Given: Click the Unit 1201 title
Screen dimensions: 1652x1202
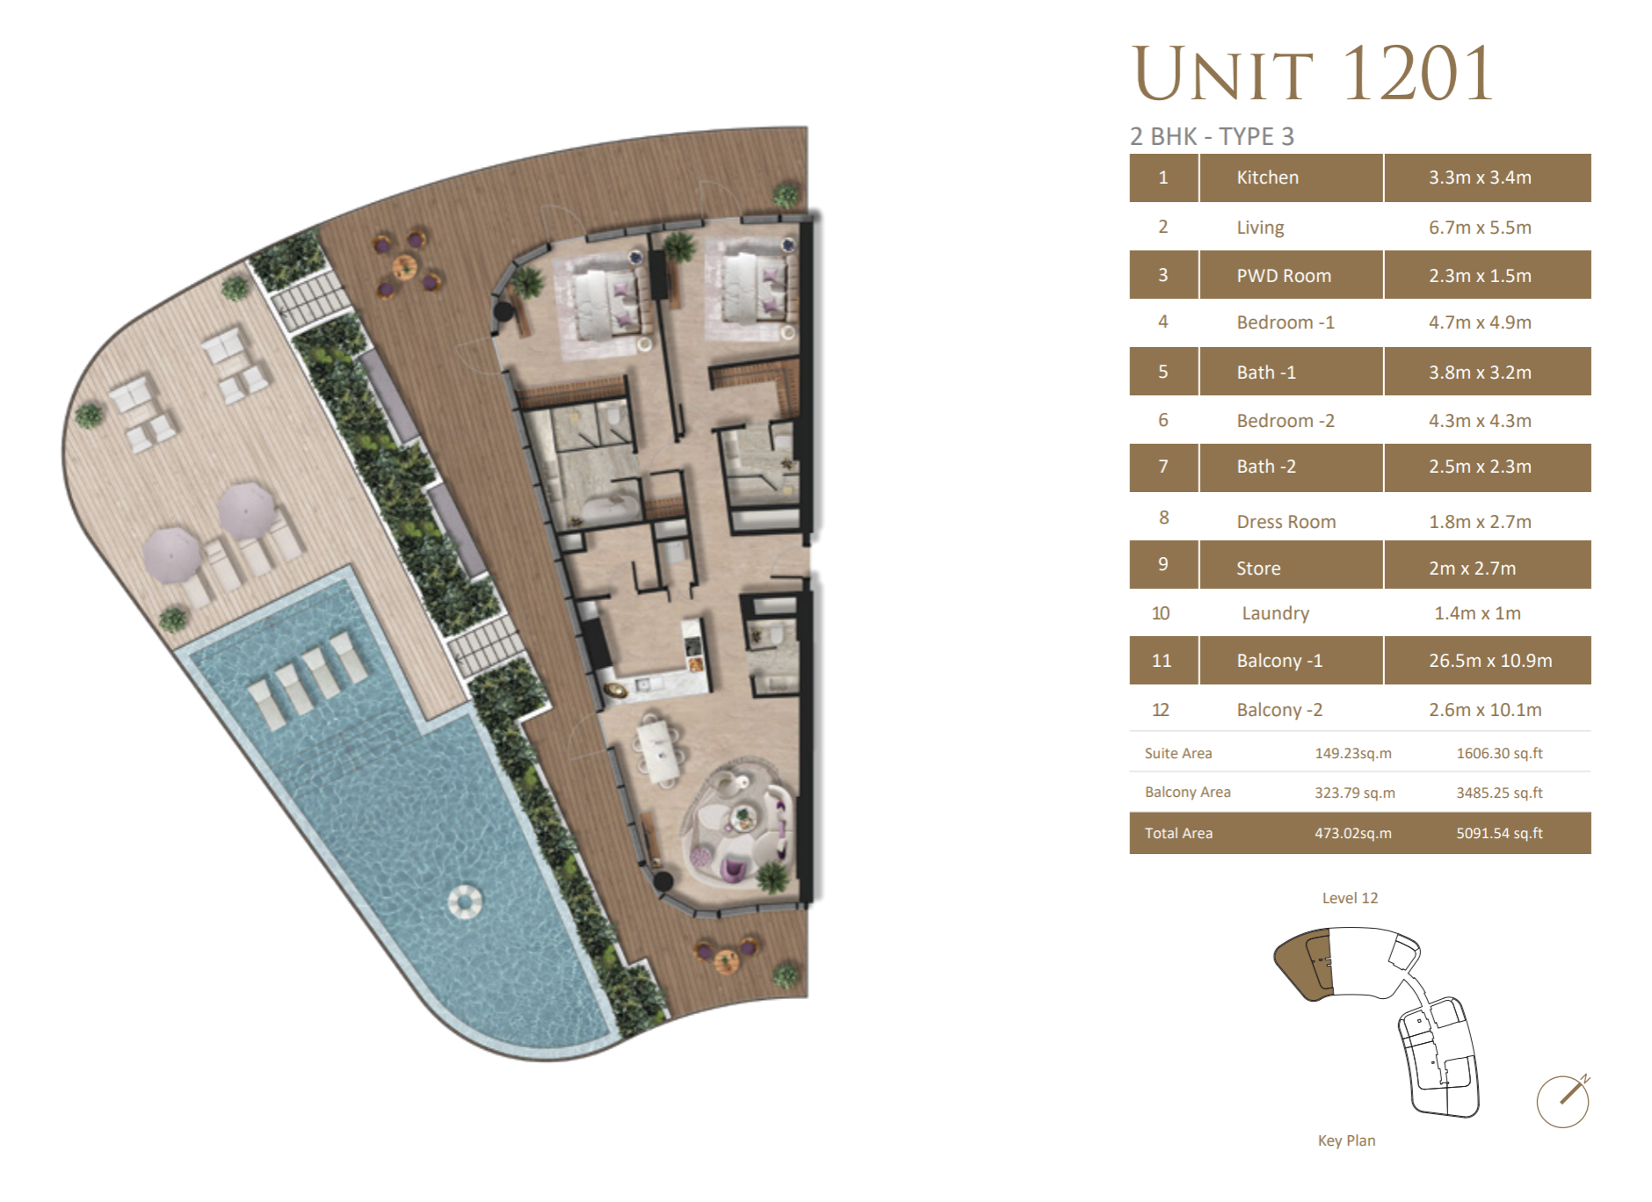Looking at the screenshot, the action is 1313,74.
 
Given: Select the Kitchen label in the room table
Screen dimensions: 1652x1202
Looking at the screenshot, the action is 1267,177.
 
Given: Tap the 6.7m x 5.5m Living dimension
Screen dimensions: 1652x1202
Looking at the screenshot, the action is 1480,228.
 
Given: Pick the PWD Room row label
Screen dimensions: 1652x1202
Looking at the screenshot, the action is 1284,276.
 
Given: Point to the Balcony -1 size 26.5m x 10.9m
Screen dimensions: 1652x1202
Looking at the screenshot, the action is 1490,661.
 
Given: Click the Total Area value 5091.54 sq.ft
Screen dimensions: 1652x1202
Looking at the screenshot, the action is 1499,833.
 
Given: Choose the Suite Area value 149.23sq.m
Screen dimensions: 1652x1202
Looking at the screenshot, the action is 1353,753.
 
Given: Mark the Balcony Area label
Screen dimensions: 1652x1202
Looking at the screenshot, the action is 1187,792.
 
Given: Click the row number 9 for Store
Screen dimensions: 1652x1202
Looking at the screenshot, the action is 1163,564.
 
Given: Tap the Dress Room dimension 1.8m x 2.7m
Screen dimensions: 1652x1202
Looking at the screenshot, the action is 1480,522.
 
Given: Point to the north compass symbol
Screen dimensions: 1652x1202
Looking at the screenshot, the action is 1564,1100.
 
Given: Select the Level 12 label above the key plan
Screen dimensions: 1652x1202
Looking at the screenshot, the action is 1350,898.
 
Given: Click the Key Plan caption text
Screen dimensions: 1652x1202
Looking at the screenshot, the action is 1346,1140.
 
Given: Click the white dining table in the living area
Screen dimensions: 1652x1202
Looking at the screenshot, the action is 658,749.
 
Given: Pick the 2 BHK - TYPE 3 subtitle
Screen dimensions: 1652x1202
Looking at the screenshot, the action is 1212,136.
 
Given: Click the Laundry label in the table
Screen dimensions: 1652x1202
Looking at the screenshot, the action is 1275,613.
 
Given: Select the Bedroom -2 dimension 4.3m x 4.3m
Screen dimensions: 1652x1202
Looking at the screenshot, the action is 1480,421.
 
